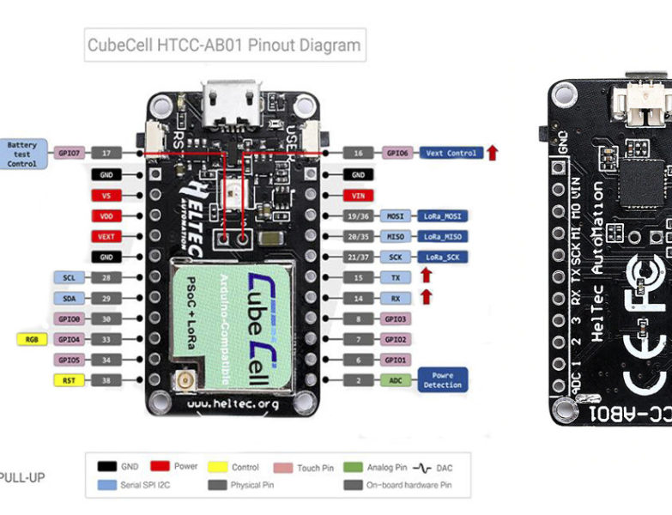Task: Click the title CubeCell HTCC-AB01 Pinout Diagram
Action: [x=224, y=45]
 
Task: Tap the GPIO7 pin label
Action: [x=69, y=153]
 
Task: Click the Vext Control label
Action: [x=451, y=153]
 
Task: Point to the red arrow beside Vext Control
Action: [x=493, y=153]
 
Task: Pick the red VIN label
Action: [x=359, y=195]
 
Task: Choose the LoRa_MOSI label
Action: [x=443, y=215]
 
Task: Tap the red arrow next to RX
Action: [x=426, y=297]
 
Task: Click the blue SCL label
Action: [x=69, y=277]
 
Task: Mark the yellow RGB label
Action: [x=32, y=339]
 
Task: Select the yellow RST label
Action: [x=69, y=379]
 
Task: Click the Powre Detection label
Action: [x=443, y=379]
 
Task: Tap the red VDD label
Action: [x=106, y=215]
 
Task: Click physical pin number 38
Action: [x=106, y=379]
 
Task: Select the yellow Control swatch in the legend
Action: [x=218, y=467]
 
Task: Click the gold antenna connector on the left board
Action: [x=182, y=380]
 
